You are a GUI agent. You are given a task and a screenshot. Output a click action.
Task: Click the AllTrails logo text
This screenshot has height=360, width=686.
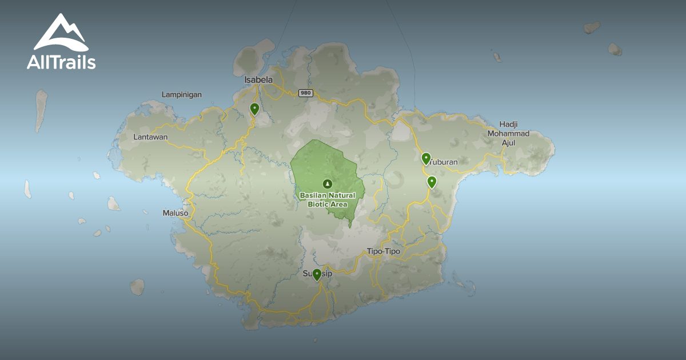tap(61, 62)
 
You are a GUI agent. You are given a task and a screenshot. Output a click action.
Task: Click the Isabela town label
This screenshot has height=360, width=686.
tap(258, 80)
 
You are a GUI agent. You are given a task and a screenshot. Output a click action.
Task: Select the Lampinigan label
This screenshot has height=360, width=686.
tap(182, 94)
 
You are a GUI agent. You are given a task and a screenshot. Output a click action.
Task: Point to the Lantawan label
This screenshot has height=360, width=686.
tap(150, 137)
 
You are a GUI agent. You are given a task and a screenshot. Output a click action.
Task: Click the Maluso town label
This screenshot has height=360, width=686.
tap(176, 213)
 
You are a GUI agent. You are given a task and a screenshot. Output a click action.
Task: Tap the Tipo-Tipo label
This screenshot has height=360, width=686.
tap(384, 251)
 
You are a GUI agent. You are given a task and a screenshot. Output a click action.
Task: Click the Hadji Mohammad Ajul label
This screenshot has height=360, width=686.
tap(508, 133)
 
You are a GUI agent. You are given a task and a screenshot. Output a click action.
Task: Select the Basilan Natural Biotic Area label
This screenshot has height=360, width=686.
tap(328, 199)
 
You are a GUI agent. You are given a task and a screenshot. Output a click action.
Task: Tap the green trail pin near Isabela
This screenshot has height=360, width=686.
tap(254, 109)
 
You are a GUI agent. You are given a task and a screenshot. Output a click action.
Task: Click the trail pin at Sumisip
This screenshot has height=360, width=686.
tap(317, 275)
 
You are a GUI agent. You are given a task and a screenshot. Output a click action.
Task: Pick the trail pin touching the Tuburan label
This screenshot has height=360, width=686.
tap(426, 158)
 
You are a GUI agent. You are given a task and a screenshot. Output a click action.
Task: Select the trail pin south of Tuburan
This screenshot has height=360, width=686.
tap(432, 182)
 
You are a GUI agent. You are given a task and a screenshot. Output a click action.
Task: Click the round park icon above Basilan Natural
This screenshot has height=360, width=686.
tap(327, 183)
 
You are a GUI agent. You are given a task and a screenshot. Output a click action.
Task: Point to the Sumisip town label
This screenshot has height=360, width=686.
tap(317, 274)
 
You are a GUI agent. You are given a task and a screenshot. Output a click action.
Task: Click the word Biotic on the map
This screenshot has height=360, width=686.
tap(320, 204)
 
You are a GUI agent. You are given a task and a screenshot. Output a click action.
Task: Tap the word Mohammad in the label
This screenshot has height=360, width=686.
tap(508, 134)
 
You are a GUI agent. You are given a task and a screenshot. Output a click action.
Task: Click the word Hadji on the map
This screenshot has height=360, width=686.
tap(508, 124)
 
